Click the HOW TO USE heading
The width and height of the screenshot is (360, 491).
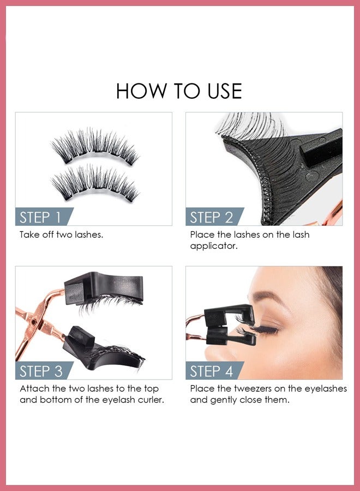coord(179,91)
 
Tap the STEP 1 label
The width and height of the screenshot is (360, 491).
coord(40,217)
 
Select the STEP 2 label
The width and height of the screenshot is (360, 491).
coord(211,217)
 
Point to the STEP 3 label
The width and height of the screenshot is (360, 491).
coord(41,371)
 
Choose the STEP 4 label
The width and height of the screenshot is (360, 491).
coord(211,371)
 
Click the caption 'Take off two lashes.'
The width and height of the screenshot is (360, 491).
coord(61,235)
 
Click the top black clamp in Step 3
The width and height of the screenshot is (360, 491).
coord(104,289)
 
